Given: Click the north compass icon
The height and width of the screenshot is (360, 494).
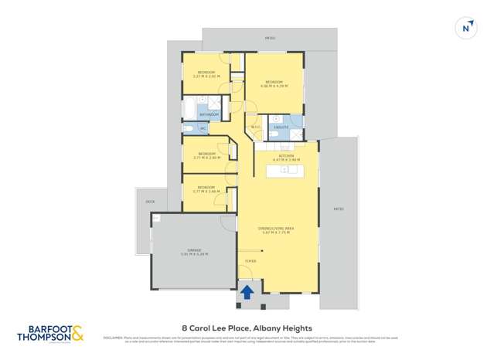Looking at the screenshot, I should click(465, 28).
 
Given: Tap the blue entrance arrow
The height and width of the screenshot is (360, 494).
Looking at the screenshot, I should click(247, 292).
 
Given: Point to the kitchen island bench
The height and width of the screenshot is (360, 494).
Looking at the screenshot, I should click(286, 170).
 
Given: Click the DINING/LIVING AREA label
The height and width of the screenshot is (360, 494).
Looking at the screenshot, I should click(276, 228).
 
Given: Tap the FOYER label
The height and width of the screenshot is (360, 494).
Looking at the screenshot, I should click(250, 262).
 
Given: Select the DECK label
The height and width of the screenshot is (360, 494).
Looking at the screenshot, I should click(150, 202).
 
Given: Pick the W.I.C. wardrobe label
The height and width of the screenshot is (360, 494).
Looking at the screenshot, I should click(254, 127).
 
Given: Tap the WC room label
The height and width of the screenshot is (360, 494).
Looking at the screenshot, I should click(203, 128).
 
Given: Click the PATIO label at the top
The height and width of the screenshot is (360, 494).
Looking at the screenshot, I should click(270, 37).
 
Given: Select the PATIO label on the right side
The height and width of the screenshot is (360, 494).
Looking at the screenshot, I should click(339, 209).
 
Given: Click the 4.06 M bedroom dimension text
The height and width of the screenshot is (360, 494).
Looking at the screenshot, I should click(275, 86).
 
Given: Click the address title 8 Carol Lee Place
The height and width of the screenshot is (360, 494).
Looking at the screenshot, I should click(247, 326).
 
